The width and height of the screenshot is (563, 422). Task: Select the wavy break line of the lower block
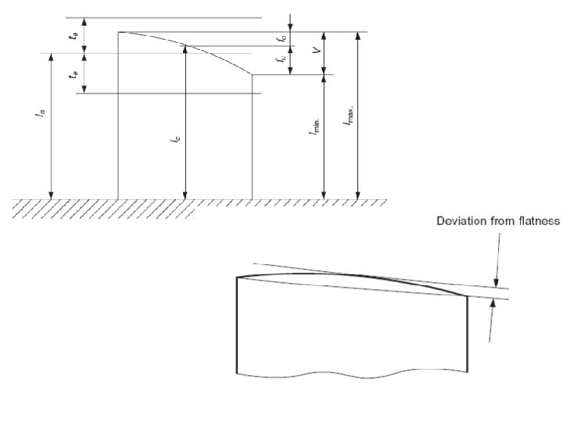(352, 372)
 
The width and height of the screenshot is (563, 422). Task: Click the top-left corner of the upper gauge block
(118, 32)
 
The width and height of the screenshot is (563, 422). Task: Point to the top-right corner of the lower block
(468, 295)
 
